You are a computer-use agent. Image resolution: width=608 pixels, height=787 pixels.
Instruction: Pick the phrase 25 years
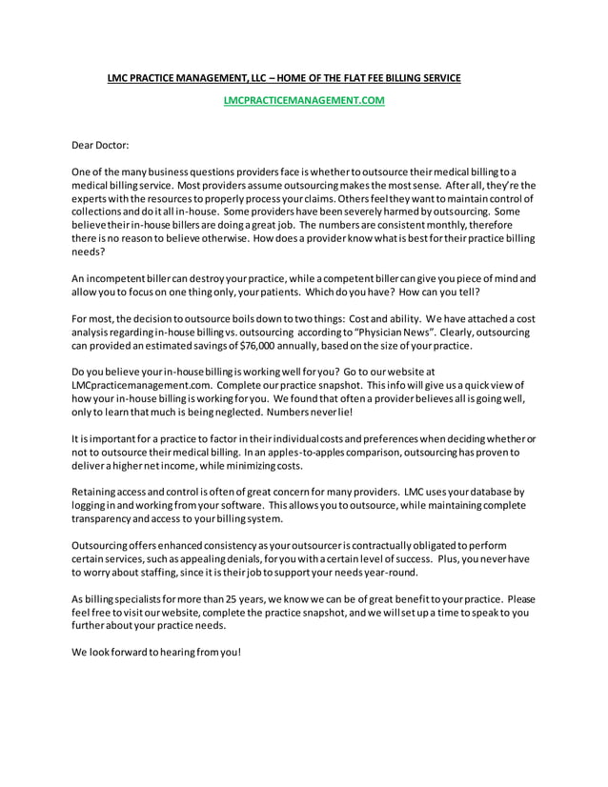[235, 599]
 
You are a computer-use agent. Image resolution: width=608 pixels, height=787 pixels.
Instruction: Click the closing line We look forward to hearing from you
[157, 653]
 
